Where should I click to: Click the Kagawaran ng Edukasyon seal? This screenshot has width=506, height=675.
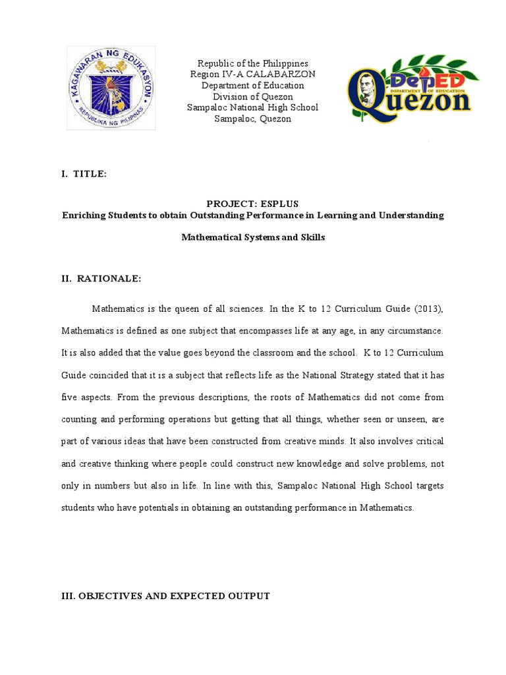click(x=111, y=88)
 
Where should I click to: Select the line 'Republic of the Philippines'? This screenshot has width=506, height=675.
click(x=252, y=63)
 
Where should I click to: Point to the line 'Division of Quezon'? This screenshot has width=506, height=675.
click(x=252, y=96)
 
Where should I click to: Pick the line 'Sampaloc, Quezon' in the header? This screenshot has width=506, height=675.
click(x=252, y=119)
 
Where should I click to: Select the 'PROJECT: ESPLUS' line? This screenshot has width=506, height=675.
click(x=252, y=204)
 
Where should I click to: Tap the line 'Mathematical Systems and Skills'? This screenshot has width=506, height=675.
click(x=252, y=237)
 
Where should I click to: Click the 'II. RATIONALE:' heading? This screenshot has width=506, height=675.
click(x=101, y=279)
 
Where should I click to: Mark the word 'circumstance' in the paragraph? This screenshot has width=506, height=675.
click(x=415, y=330)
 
